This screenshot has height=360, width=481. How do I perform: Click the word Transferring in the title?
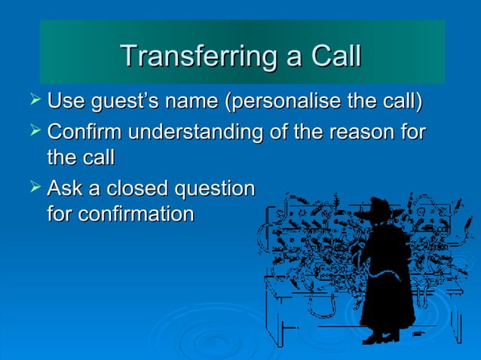click(x=190, y=56)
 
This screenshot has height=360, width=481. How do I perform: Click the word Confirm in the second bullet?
click(x=84, y=133)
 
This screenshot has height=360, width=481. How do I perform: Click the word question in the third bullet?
click(x=214, y=188)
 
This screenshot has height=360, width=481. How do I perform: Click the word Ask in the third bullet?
click(x=63, y=188)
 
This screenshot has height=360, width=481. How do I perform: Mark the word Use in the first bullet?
click(x=66, y=101)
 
